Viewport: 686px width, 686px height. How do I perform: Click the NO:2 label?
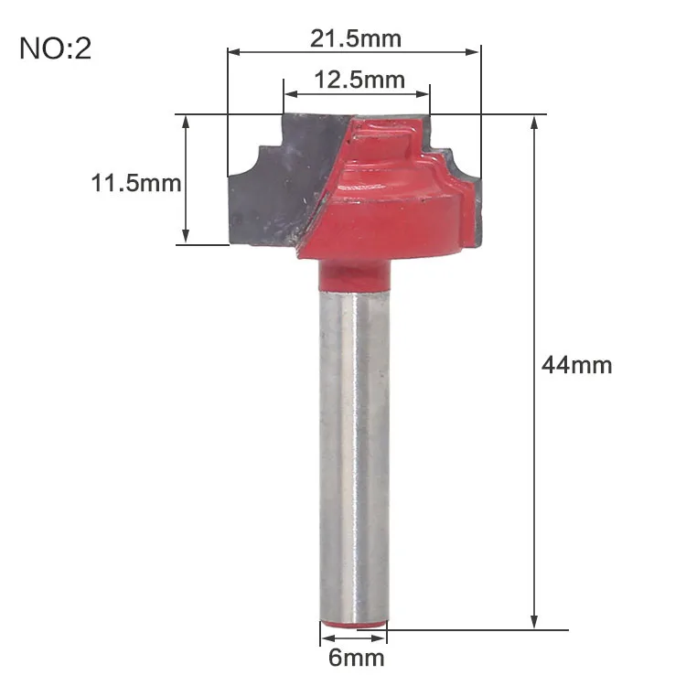point(56,48)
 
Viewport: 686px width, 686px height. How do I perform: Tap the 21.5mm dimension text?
point(356,38)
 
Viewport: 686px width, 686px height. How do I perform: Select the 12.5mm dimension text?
point(359,80)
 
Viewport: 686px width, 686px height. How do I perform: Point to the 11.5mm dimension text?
point(136,183)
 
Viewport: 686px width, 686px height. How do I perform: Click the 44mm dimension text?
point(576,365)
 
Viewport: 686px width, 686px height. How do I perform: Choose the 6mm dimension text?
point(357,658)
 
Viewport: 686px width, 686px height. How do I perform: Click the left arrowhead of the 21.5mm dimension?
point(234,52)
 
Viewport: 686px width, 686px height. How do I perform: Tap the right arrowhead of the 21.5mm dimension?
point(473,52)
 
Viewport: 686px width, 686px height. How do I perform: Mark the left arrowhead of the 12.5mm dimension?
point(291,93)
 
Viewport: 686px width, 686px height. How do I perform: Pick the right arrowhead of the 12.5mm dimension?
point(423,93)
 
